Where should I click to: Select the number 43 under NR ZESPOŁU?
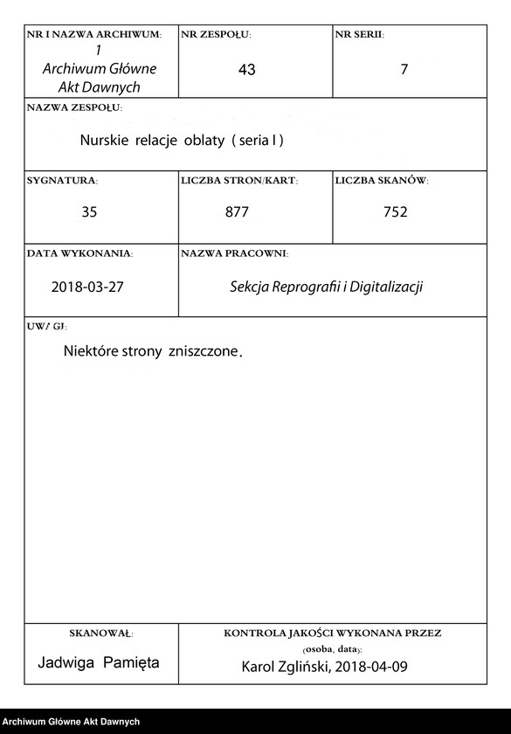246,70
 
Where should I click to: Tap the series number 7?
404,70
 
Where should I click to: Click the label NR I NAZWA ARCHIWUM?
94,34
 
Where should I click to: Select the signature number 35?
89,211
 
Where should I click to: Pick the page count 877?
237,211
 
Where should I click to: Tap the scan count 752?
395,211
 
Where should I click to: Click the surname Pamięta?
131,663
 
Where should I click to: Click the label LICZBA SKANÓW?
382,181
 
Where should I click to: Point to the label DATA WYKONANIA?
79,253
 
